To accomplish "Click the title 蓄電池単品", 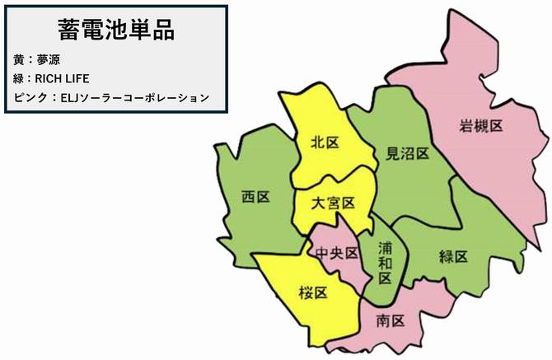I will (x=115, y=30).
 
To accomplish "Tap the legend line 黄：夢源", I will (x=37, y=60).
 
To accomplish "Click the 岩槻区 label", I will (x=481, y=126).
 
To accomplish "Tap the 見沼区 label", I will (x=408, y=153).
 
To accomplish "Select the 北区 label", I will (x=325, y=143).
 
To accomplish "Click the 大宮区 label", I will (x=334, y=203).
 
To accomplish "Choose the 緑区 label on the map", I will (x=453, y=256).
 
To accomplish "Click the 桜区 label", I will (x=313, y=292).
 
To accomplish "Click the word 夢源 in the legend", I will (x=48, y=60).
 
